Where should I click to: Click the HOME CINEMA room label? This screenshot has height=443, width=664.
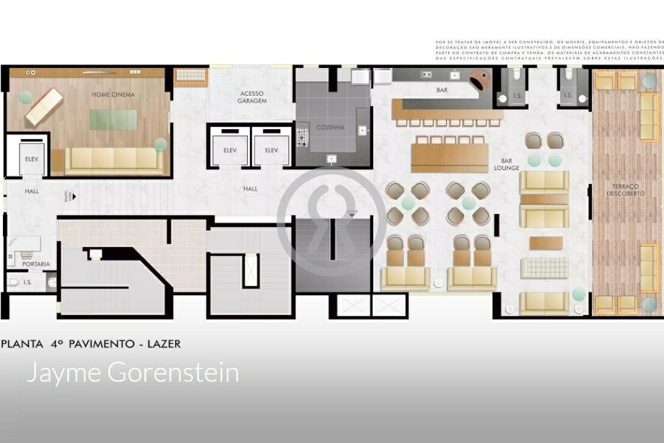[113, 94]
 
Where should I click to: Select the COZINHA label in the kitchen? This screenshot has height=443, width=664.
[330, 127]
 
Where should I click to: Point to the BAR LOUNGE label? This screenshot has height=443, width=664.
[506, 165]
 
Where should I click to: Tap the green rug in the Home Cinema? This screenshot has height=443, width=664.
[114, 120]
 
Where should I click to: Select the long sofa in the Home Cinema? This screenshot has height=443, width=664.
[114, 159]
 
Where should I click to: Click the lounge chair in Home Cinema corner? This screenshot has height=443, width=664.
[43, 107]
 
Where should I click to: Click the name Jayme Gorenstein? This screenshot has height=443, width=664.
[133, 373]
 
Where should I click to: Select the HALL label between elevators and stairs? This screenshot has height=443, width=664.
[251, 189]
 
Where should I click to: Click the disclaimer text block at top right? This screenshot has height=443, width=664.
[549, 50]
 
